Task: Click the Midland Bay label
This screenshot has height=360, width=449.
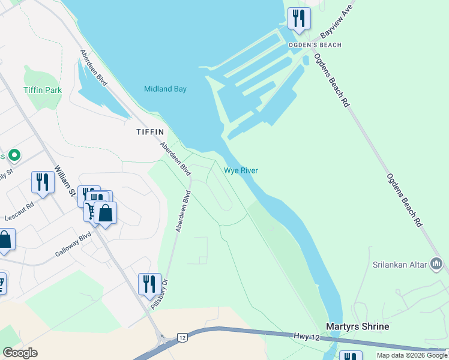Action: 165,89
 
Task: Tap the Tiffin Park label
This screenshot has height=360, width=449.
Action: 43,90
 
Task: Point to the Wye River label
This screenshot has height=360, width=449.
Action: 241,170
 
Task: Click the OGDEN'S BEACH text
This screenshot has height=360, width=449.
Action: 315,45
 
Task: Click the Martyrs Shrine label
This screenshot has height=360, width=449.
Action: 357,326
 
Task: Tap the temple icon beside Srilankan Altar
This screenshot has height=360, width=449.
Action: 436,263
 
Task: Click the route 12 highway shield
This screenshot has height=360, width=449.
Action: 182,338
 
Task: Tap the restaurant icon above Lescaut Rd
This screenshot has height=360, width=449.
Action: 42,182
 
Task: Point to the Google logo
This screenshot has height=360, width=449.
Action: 20,353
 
